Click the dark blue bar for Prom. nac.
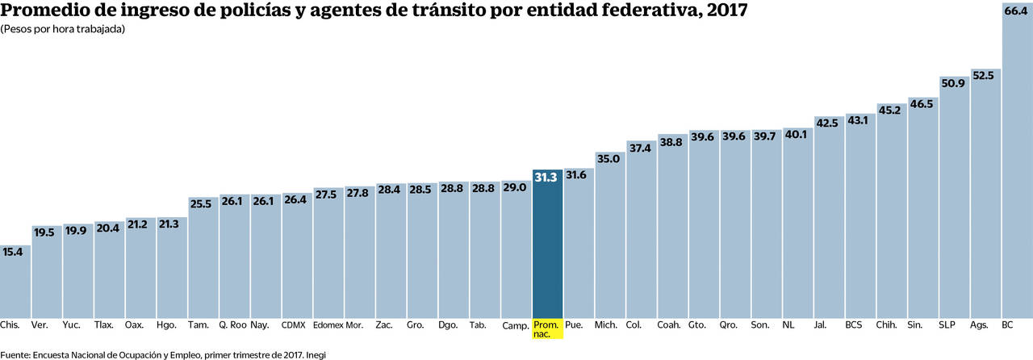point(548,250)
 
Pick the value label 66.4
point(1016,11)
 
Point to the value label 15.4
point(14,252)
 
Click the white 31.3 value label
point(547,178)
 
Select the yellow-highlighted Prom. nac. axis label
point(547,329)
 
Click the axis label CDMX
point(293,325)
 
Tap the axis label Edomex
point(327,325)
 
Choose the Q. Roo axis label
point(233,325)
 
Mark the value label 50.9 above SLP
point(953,83)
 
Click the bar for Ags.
point(985,202)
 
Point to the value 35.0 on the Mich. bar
point(609,159)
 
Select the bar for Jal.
point(829,226)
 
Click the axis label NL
point(788,325)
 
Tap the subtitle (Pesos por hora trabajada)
point(62,29)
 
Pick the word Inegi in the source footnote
point(316,354)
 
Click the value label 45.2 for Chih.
point(891,110)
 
